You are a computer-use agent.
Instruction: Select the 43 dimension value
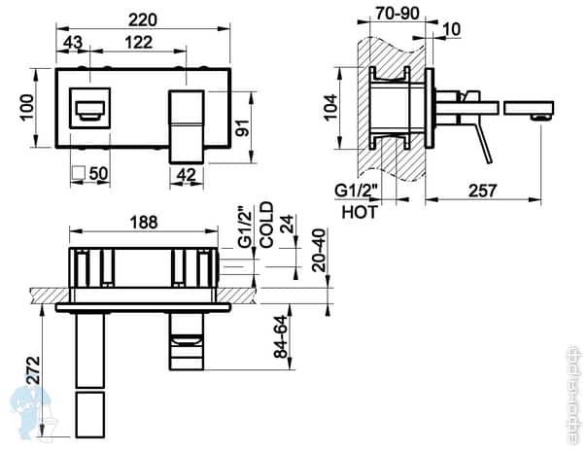tap(72, 43)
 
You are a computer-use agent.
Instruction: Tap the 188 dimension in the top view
tap(143, 223)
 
